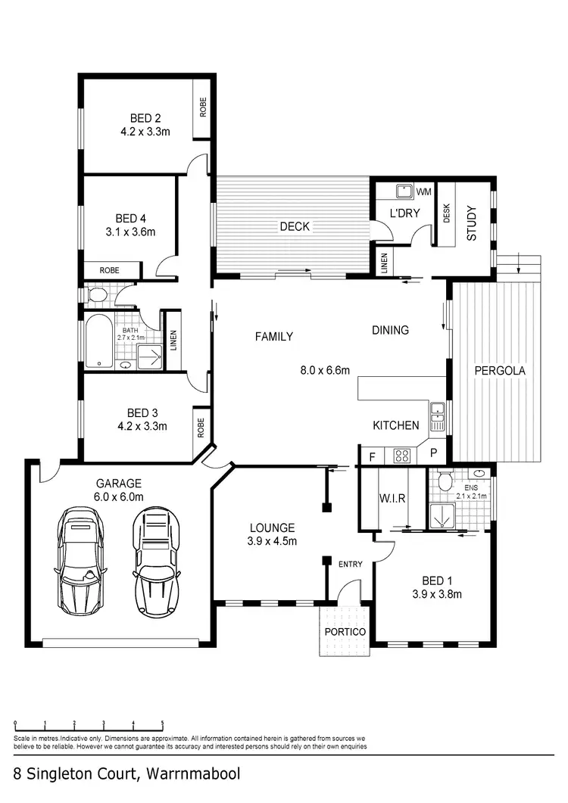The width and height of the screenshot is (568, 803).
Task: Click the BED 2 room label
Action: (145, 118)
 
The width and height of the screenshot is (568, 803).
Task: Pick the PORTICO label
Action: (345, 631)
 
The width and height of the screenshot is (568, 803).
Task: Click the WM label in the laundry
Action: (423, 191)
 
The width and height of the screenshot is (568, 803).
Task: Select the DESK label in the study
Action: (446, 214)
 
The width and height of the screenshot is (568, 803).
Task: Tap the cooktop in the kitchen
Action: (402, 456)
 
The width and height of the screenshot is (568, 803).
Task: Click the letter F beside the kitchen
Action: (372, 456)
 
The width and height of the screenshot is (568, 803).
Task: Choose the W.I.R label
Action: (392, 498)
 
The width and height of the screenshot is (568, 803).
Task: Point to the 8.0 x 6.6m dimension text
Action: (325, 370)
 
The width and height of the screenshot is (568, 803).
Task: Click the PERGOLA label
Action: (499, 371)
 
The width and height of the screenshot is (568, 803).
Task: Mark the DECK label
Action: (295, 226)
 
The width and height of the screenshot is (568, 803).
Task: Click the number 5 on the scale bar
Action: (162, 722)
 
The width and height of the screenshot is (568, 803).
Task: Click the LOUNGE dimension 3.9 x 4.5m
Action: (270, 540)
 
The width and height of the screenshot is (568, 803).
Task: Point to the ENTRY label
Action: (351, 564)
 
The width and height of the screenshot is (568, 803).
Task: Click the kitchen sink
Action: (436, 412)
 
